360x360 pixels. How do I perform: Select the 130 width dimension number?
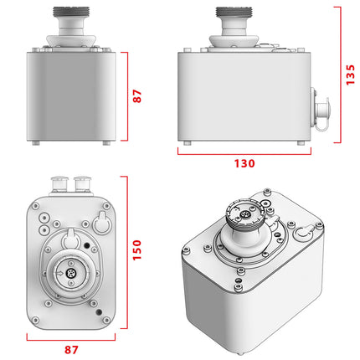tap(244, 164)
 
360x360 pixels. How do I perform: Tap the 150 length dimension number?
tap(137, 249)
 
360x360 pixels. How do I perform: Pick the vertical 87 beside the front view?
tap(137, 96)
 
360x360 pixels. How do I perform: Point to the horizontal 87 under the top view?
tap(71, 350)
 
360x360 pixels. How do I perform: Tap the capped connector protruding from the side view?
tap(321, 110)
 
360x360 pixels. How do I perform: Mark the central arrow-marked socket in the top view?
tap(70, 274)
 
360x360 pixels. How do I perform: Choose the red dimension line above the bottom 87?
tap(71, 337)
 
